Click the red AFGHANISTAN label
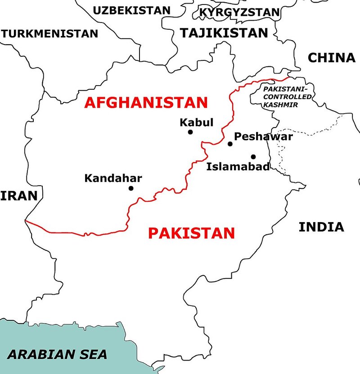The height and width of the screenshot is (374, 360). pyautogui.click(x=146, y=102)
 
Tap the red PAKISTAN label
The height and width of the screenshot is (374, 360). pyautogui.click(x=191, y=233)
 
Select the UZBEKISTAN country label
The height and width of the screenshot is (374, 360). pyautogui.click(x=131, y=10)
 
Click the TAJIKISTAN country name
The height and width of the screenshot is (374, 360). pyautogui.click(x=224, y=32)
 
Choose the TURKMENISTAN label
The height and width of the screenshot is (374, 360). pyautogui.click(x=49, y=33)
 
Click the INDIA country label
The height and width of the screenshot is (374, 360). pyautogui.click(x=321, y=227)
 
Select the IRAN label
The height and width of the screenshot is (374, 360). pyautogui.click(x=18, y=196)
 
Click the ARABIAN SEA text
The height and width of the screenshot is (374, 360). pyautogui.click(x=57, y=354)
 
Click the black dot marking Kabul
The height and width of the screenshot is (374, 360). pyautogui.click(x=190, y=132)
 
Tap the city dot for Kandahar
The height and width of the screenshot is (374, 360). pyautogui.click(x=131, y=188)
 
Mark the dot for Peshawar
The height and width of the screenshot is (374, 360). pyautogui.click(x=230, y=144)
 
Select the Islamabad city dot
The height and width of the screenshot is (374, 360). pyautogui.click(x=253, y=157)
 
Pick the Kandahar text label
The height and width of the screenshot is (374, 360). pyautogui.click(x=113, y=178)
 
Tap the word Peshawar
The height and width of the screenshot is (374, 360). pyautogui.click(x=264, y=136)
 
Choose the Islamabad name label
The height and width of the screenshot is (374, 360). pyautogui.click(x=238, y=167)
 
